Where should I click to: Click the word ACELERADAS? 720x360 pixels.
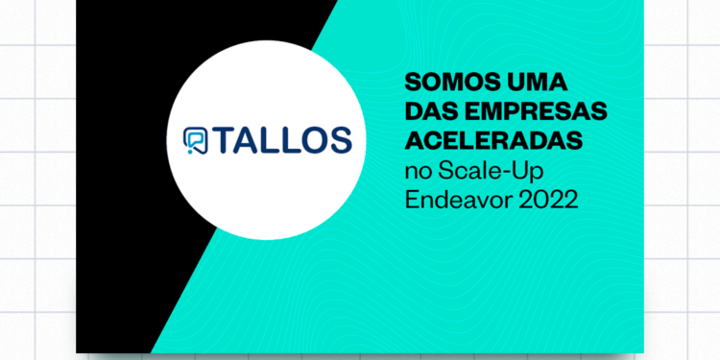click(x=495, y=141)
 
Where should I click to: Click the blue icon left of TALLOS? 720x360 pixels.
click(x=193, y=139)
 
